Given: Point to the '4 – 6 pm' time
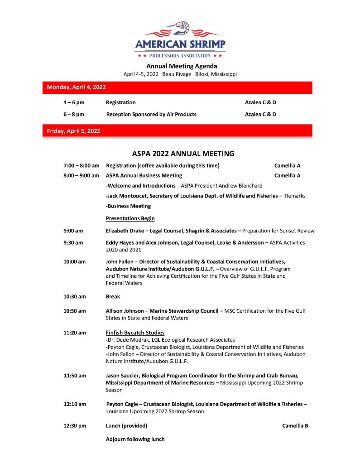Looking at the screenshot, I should [74, 102].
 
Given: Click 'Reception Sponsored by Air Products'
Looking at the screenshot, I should [151, 114].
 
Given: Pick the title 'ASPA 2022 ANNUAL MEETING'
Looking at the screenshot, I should [183, 154].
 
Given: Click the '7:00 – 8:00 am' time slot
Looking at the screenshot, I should [82, 166].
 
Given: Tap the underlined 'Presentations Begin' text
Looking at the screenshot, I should [130, 218].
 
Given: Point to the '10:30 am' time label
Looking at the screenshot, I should [74, 297].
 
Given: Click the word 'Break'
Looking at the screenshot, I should [113, 297].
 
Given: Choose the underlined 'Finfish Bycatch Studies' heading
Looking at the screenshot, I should [135, 333].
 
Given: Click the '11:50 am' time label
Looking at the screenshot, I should [74, 376].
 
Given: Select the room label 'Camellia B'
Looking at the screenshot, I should [295, 425].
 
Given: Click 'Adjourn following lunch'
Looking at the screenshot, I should [135, 439].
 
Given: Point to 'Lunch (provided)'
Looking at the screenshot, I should [126, 425].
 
